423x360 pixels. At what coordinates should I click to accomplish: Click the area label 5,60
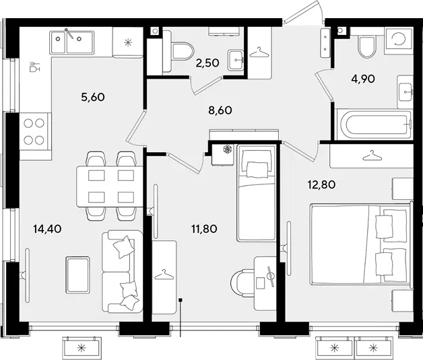(x=93, y=97)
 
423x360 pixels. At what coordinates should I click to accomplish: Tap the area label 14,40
(x=47, y=229)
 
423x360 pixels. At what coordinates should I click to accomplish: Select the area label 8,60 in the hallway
(x=220, y=110)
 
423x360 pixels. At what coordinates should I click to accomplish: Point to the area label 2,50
(x=207, y=63)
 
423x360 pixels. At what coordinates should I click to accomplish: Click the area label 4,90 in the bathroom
(x=363, y=79)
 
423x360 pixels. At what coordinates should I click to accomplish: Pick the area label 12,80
(x=321, y=185)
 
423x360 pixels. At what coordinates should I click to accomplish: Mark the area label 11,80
(x=204, y=229)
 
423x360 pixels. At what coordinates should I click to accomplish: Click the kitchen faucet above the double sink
(x=69, y=33)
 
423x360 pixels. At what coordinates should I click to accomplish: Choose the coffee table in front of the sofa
(x=77, y=275)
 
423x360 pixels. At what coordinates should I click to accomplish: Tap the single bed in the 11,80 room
(x=256, y=193)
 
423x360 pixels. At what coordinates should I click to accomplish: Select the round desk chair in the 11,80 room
(x=242, y=283)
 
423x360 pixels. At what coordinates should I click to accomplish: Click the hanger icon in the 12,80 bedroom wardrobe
(x=372, y=155)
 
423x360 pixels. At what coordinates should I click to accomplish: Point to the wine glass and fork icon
(x=34, y=67)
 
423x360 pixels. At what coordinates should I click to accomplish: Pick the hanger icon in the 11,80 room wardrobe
(x=164, y=275)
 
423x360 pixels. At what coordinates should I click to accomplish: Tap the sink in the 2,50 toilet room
(x=236, y=60)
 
